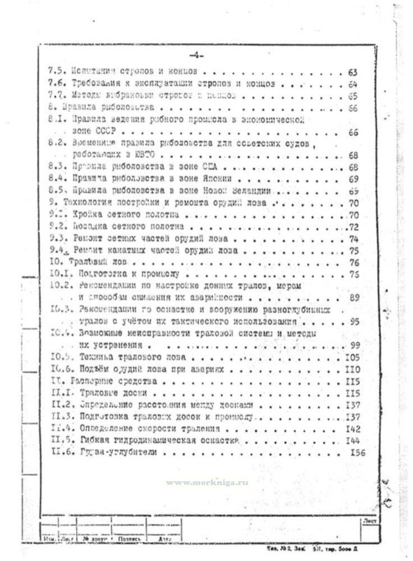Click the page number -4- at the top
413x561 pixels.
[196, 56]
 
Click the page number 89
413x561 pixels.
[353, 298]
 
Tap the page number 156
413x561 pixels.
[357, 452]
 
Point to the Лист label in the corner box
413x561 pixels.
[369, 522]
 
